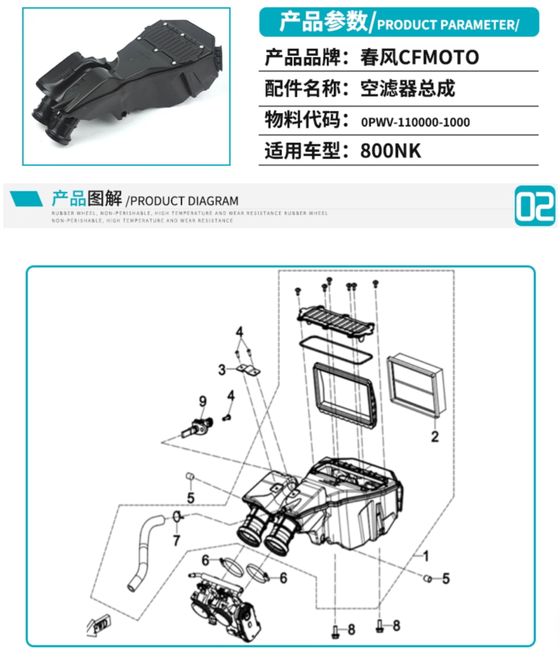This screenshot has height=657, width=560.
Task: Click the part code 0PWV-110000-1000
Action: click(x=415, y=122)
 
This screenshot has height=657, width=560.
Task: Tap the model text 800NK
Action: click(x=390, y=151)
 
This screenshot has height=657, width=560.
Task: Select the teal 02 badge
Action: click(x=534, y=206)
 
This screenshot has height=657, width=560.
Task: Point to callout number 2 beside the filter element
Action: click(x=434, y=436)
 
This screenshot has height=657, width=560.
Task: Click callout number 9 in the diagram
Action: click(x=202, y=401)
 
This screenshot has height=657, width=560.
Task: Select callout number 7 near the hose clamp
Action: click(x=176, y=540)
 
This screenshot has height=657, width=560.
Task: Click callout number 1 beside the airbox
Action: click(x=425, y=556)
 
